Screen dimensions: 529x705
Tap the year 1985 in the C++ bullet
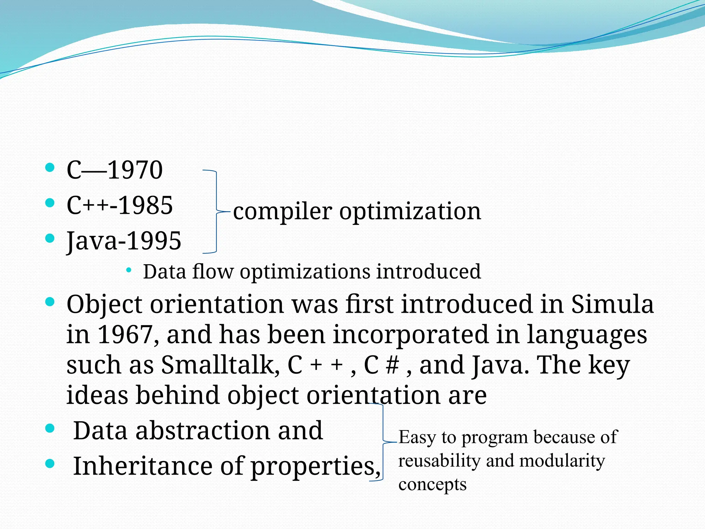point(146,205)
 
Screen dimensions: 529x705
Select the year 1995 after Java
point(154,241)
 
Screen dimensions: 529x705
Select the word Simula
point(612,304)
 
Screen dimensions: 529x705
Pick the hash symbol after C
point(392,365)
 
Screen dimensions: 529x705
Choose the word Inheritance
point(142,466)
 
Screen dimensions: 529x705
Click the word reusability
point(439,461)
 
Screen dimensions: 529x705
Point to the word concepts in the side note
point(432,485)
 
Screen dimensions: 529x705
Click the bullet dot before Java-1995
point(50,238)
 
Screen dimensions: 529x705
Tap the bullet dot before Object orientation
point(50,302)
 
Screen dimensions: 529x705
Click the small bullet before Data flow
point(129,270)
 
